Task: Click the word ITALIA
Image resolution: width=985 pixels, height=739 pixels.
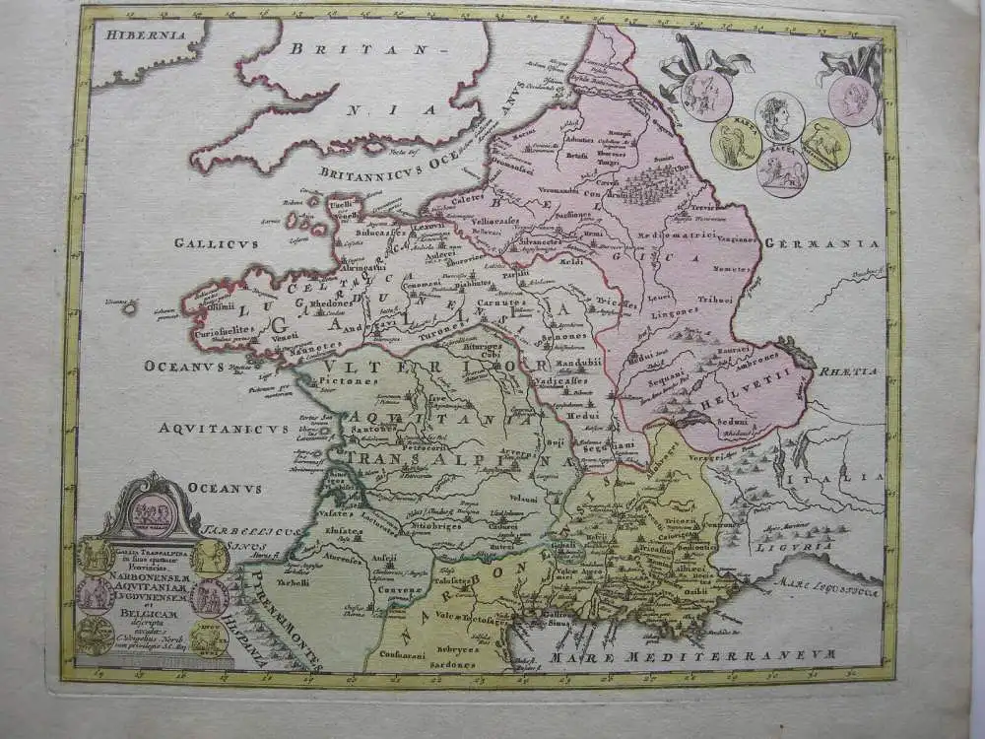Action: [x=851, y=476]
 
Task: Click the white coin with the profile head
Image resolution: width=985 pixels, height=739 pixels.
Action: [x=779, y=116]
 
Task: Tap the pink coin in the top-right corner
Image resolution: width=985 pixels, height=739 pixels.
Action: [x=852, y=100]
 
